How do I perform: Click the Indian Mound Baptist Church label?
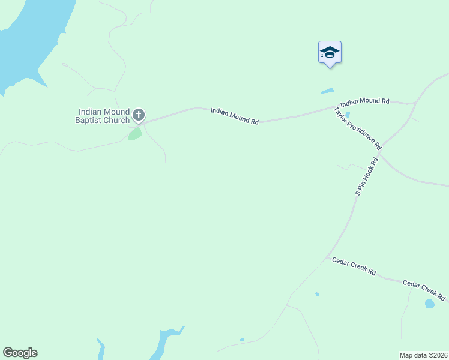[104, 116]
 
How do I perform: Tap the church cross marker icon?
[139, 115]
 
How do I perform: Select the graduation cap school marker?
[330, 52]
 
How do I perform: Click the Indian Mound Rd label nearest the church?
[235, 116]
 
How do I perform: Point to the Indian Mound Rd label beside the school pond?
[365, 101]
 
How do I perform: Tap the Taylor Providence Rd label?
[358, 130]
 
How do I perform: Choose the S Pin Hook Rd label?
[366, 176]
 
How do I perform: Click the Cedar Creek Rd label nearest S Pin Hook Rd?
[354, 266]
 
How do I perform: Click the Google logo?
[20, 353]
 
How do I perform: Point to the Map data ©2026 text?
[424, 355]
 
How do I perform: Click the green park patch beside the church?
[135, 133]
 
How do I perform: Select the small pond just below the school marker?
[327, 91]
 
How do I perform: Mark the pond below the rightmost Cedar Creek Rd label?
[430, 304]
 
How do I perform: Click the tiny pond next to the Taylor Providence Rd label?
[348, 115]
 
